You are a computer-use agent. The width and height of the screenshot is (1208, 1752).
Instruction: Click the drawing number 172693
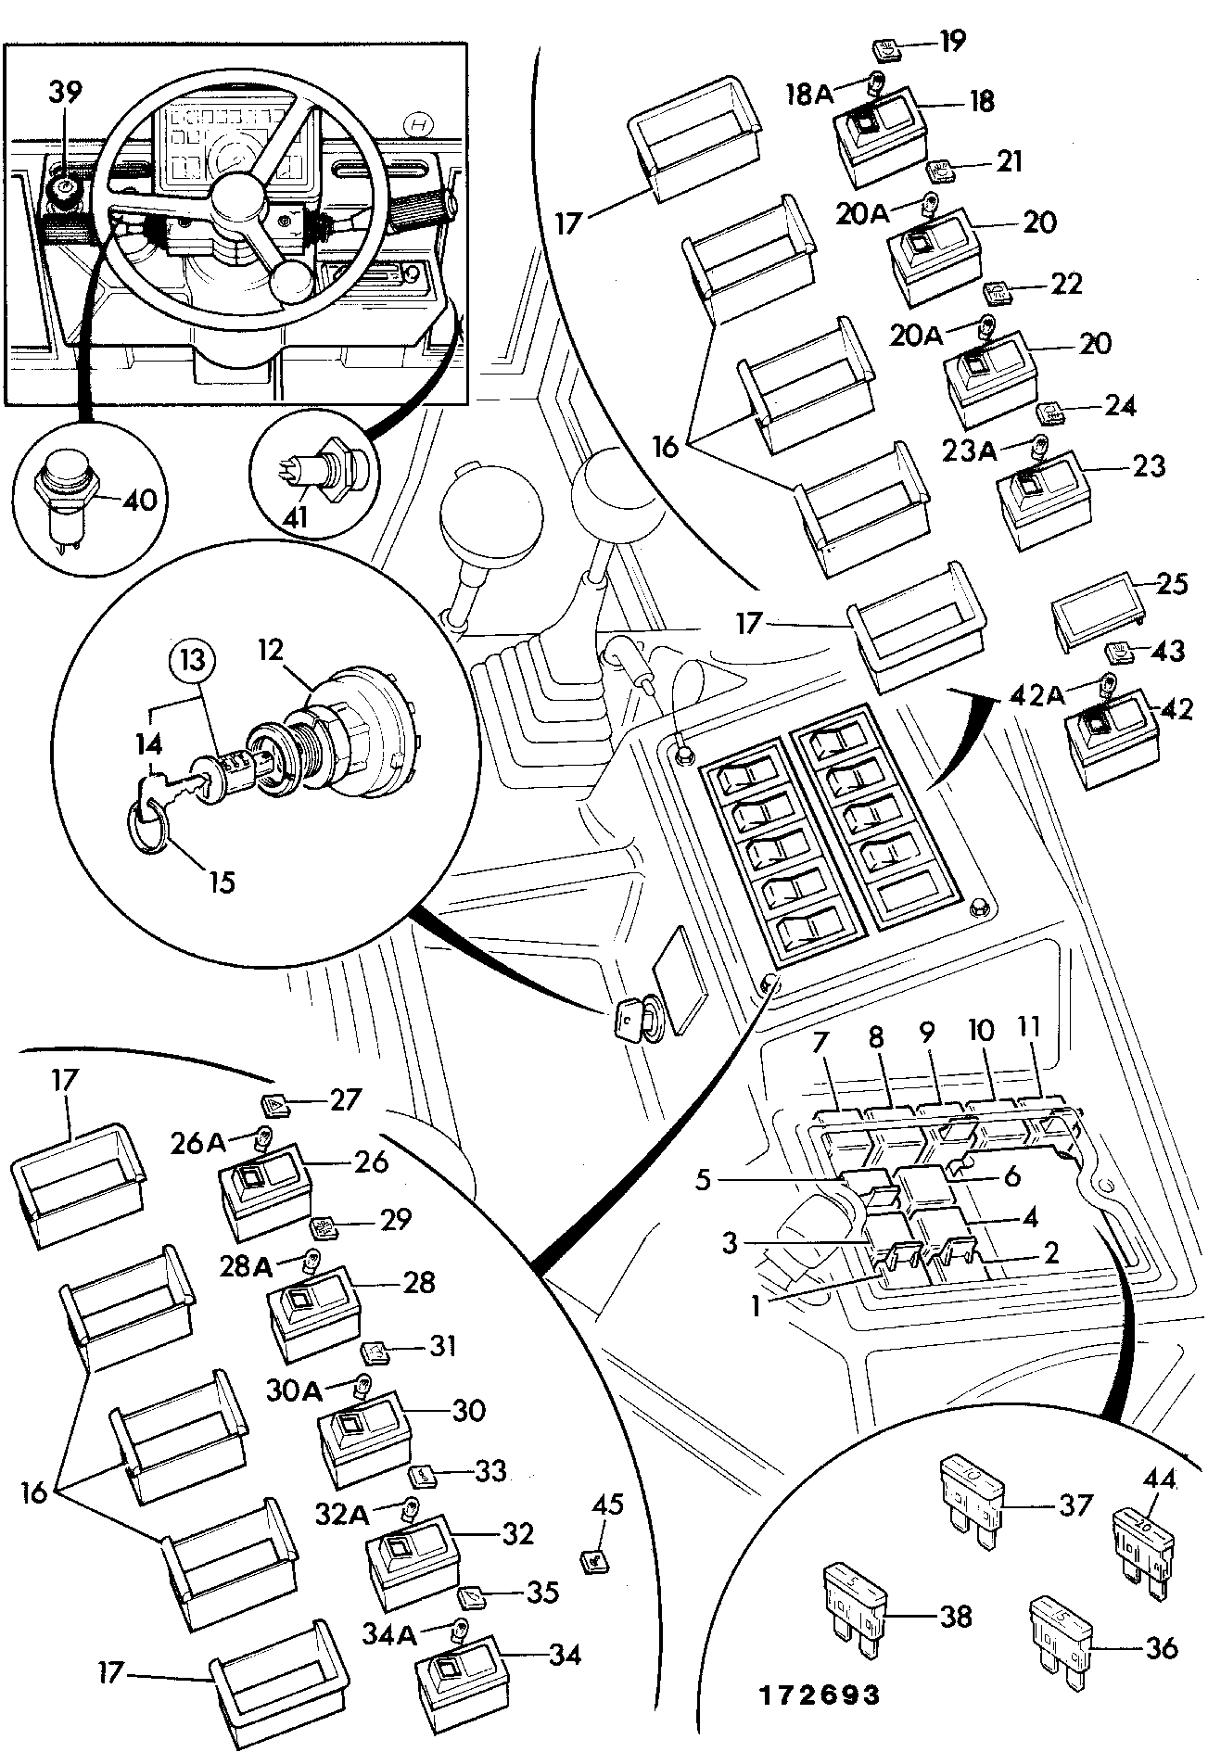[819, 1695]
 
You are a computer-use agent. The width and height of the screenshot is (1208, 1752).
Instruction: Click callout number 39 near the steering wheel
[65, 93]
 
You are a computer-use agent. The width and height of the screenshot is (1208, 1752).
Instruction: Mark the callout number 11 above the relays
[1029, 1030]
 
